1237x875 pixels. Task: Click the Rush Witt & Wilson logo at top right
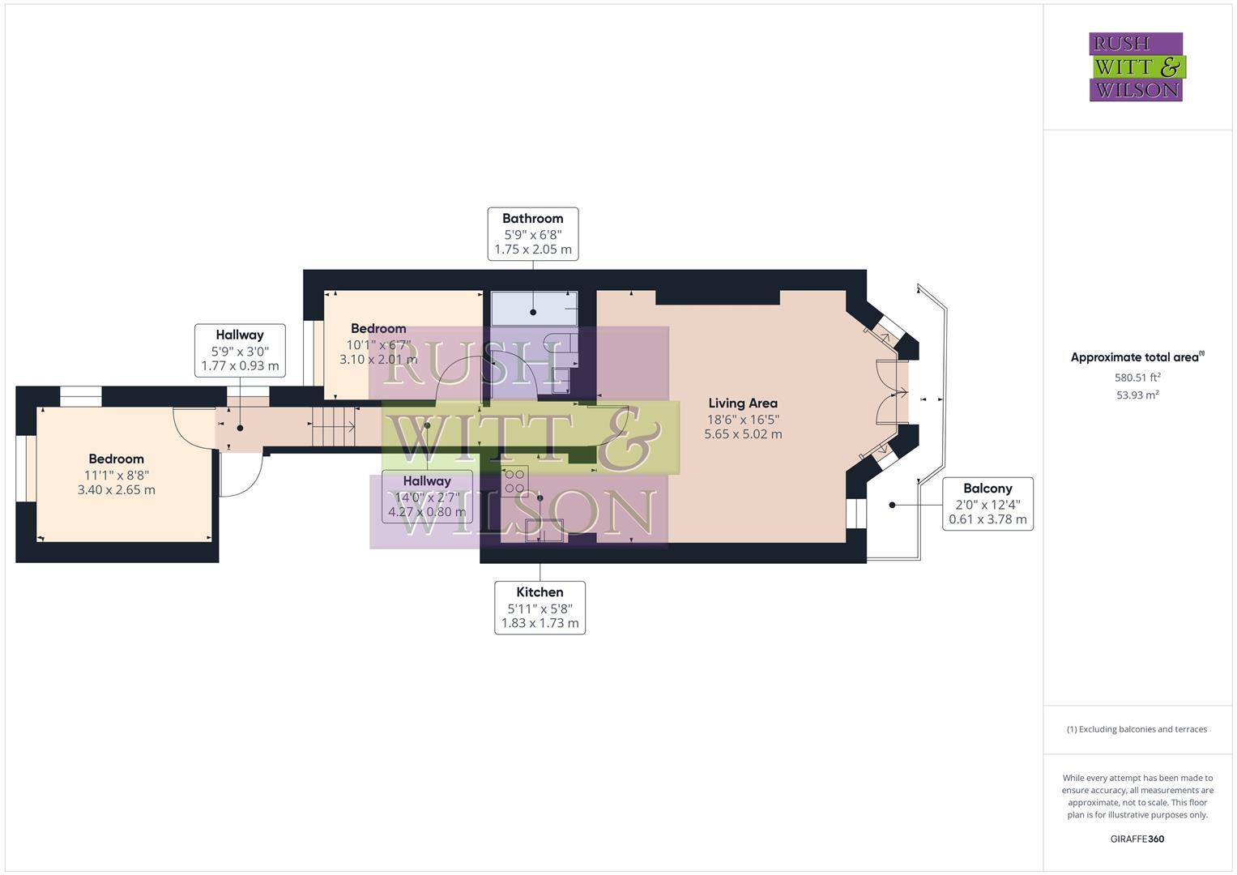coord(1136,67)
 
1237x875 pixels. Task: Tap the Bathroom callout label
coord(532,233)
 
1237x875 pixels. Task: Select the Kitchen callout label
coord(540,607)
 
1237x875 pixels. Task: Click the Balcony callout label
coord(987,504)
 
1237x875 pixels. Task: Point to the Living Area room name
coord(743,403)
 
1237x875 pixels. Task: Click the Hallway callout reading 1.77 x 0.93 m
coord(240,350)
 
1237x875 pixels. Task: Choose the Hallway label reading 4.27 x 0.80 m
coord(427,496)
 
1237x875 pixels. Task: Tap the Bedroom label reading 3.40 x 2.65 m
coord(117,474)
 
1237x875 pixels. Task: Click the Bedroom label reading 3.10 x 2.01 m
coord(378,344)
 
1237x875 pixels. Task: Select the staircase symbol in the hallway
coord(334,426)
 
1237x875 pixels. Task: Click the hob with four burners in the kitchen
coord(514,480)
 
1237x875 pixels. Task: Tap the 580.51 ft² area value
coord(1137,378)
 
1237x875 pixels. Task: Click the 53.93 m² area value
coord(1137,395)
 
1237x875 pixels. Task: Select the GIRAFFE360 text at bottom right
coord(1137,839)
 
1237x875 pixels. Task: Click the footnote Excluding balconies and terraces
coord(1137,729)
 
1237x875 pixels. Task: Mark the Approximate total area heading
coord(1137,357)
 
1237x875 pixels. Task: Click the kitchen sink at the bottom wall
coord(544,530)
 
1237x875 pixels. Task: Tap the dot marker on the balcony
coord(892,505)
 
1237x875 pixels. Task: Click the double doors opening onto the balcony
coord(891,393)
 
